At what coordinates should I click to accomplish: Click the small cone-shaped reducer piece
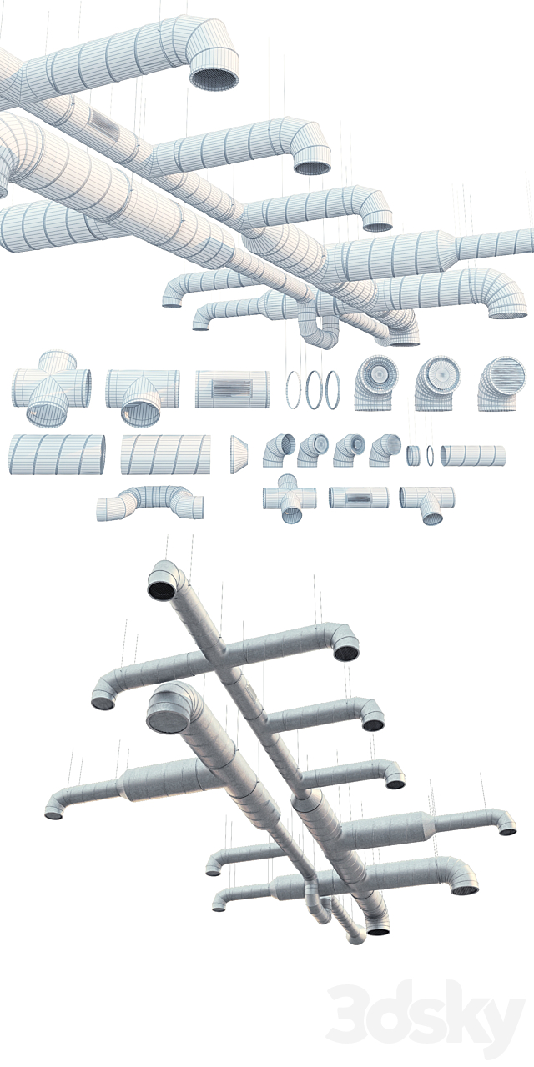(x=238, y=453)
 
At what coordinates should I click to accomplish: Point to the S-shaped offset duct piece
(x=151, y=502)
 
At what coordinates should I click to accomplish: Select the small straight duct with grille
(x=359, y=498)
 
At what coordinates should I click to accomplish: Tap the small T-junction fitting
(x=427, y=500)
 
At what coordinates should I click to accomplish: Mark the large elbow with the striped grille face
(x=502, y=384)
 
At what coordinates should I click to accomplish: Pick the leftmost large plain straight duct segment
(x=57, y=454)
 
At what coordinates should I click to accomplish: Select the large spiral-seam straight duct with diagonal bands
(x=164, y=454)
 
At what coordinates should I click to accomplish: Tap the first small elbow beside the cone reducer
(x=279, y=450)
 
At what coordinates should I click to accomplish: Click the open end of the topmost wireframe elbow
(x=214, y=78)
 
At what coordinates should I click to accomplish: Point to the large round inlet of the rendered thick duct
(x=165, y=714)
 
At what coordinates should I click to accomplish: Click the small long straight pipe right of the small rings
(x=473, y=455)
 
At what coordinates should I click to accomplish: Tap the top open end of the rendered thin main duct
(x=161, y=587)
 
